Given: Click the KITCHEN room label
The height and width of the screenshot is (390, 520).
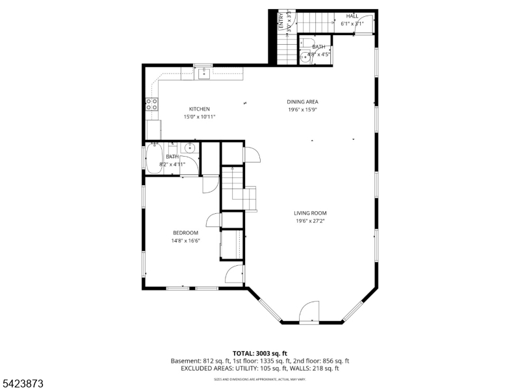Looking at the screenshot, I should [x=199, y=109].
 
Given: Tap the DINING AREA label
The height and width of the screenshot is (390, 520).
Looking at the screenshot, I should [x=303, y=101].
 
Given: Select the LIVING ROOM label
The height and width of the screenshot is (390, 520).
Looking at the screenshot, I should [x=309, y=213].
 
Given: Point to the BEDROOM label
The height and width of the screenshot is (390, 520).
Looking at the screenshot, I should [x=185, y=233].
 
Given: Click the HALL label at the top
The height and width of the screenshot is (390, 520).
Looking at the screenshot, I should [x=352, y=16].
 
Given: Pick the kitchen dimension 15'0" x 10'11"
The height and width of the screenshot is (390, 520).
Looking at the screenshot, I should [x=199, y=117].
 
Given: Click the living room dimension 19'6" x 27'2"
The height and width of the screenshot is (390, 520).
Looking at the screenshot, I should [x=309, y=221].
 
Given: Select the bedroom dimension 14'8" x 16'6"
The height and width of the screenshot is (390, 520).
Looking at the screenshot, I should [x=185, y=241].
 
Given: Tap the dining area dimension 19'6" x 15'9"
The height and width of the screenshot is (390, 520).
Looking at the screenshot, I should [x=303, y=110].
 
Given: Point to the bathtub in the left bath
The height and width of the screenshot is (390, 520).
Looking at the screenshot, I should [x=154, y=159].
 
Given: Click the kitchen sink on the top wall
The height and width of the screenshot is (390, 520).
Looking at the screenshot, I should [x=203, y=73].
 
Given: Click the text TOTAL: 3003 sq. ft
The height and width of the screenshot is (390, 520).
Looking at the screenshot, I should [x=260, y=353].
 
